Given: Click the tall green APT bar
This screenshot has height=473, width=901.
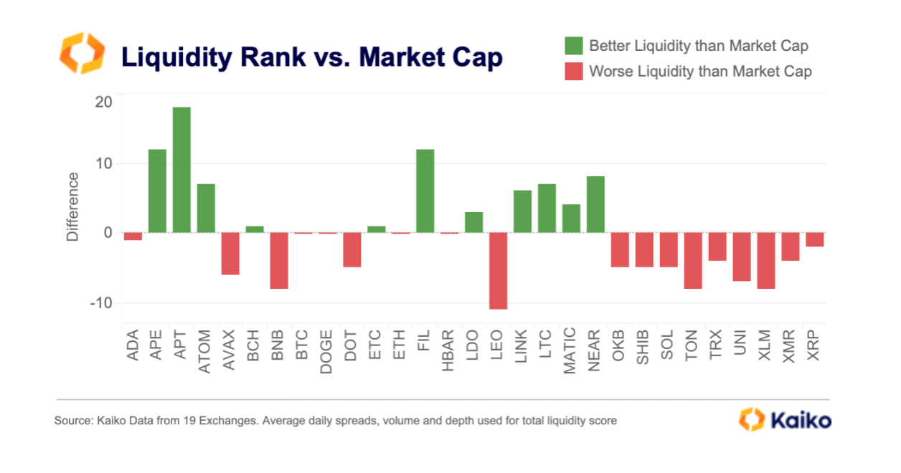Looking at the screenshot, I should click(x=181, y=170).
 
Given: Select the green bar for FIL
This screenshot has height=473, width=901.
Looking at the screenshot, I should click(x=425, y=191).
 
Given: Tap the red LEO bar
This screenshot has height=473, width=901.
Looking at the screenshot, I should click(x=498, y=271).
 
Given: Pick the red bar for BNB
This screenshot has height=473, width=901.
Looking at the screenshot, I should click(x=279, y=261).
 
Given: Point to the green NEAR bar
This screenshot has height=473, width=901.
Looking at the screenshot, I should click(x=595, y=204).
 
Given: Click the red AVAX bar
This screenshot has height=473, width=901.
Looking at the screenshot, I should click(x=230, y=254).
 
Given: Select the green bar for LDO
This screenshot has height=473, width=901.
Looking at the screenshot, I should click(x=473, y=222).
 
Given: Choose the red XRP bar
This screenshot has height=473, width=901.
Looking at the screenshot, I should click(x=814, y=239).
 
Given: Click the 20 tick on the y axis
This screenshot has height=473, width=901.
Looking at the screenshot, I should click(x=103, y=102).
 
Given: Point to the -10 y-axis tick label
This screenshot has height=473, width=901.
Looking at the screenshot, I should click(x=101, y=302).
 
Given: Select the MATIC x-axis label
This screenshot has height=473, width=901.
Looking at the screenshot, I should click(x=571, y=351).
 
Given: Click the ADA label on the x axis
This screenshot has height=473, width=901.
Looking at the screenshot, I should click(x=133, y=345).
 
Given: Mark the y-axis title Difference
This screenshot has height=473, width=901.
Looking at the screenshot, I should click(x=72, y=206).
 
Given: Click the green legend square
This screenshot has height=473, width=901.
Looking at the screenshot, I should click(x=573, y=45).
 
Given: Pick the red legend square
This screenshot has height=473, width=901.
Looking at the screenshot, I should click(x=573, y=71).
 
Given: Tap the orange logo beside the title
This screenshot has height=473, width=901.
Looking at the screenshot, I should click(x=81, y=52).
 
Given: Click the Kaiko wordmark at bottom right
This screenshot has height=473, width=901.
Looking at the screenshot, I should click(x=801, y=419).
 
